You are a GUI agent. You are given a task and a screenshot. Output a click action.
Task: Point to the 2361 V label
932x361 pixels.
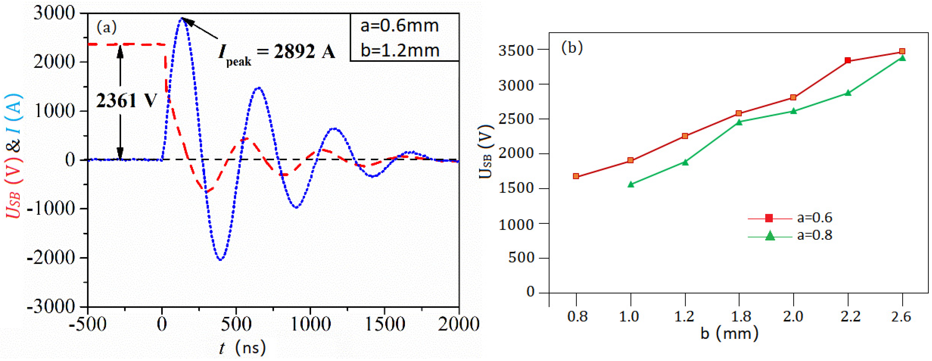tap(126, 101)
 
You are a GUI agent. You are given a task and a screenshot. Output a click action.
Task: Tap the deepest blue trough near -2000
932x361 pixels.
tap(221, 259)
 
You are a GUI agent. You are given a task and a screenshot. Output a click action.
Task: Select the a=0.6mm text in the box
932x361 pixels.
tap(399, 26)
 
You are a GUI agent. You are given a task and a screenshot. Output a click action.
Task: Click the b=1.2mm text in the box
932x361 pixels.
tap(400, 50)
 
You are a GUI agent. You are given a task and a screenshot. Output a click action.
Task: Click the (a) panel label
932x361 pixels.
tap(107, 27)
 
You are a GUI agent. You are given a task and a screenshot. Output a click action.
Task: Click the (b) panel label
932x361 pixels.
tap(572, 48)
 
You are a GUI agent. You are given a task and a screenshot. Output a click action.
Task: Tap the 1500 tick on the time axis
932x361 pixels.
tap(385, 324)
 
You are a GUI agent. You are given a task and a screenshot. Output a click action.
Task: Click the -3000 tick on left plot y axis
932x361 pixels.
tap(51, 307)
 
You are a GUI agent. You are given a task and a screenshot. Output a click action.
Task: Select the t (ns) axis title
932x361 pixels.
tap(243, 348)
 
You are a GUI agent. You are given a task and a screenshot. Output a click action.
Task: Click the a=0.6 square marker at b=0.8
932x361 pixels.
tap(576, 176)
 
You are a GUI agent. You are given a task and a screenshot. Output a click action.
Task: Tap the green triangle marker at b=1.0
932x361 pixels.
tap(631, 184)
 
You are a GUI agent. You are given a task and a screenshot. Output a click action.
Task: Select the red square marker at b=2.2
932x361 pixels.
tap(848, 60)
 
